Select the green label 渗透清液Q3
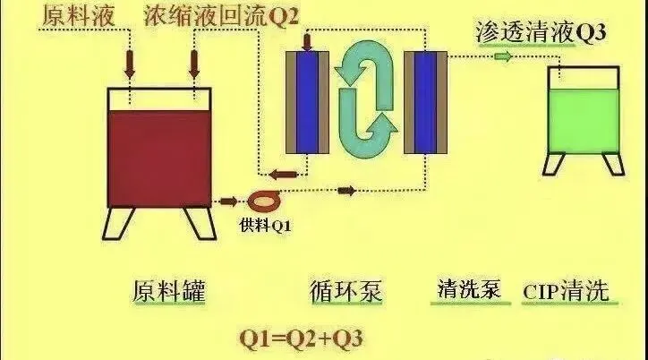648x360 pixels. click(541, 33)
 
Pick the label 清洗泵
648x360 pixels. click(468, 291)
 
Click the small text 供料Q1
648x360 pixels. click(266, 225)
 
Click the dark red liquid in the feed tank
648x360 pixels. click(158, 157)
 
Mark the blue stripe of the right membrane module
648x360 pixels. click(419, 101)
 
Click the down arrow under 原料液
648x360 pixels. click(129, 63)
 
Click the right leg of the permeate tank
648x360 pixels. click(612, 163)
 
